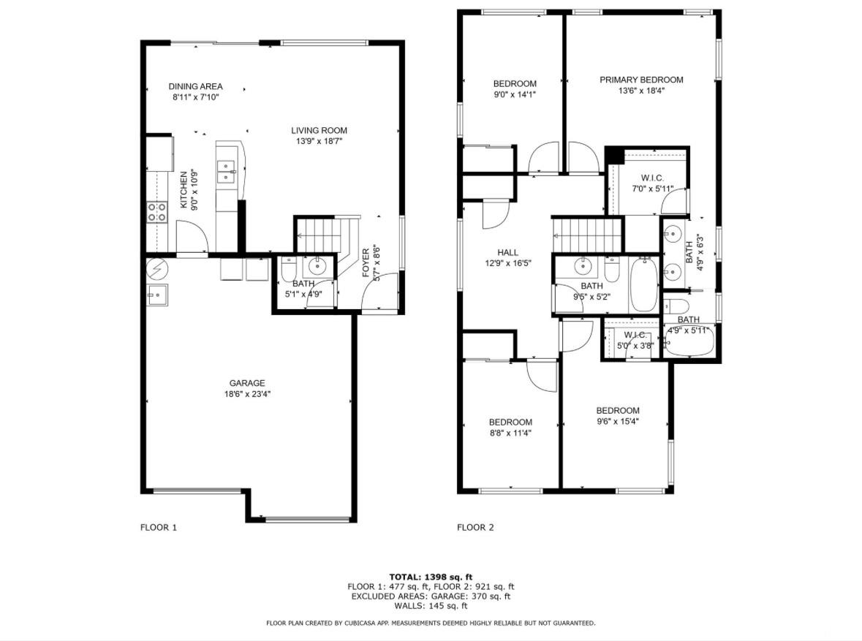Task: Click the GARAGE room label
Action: [247, 383]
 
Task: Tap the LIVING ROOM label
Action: [319, 130]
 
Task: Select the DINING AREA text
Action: [195, 86]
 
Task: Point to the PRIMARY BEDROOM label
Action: [641, 80]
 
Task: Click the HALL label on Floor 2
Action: [507, 252]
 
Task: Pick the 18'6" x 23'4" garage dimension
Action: [247, 394]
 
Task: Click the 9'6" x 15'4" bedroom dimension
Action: [617, 422]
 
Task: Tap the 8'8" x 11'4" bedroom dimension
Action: [510, 433]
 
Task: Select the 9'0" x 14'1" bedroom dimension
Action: [515, 94]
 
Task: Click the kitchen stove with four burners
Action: [156, 212]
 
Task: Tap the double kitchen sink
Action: [226, 172]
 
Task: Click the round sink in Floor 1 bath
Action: [317, 267]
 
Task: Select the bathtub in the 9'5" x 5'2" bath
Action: [643, 285]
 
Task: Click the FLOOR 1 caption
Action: [159, 527]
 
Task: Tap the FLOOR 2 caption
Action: [475, 527]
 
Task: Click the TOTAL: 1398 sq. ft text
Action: [431, 577]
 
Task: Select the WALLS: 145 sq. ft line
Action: [431, 606]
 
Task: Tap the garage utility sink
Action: [158, 295]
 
